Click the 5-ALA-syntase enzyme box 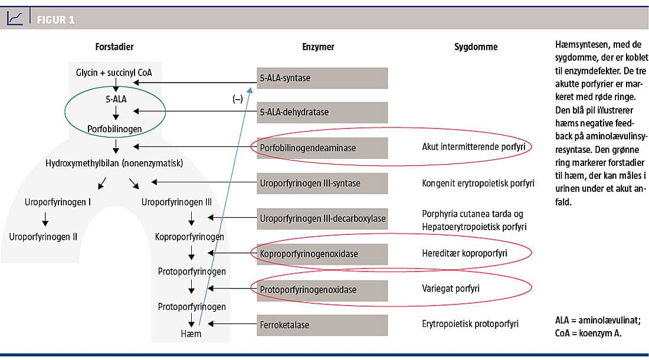pyautogui.click(x=322, y=78)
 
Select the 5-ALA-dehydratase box pyautogui.click(x=322, y=112)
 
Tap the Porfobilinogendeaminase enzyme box pyautogui.click(x=322, y=148)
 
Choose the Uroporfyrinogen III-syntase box pyautogui.click(x=322, y=183)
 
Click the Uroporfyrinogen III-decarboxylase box pyautogui.click(x=322, y=219)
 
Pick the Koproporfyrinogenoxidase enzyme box pyautogui.click(x=322, y=254)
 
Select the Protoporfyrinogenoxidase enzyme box pyautogui.click(x=322, y=290)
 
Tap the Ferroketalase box pyautogui.click(x=322, y=325)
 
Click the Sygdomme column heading pyautogui.click(x=476, y=47)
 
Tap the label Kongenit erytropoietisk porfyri pyautogui.click(x=478, y=183)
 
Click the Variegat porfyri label pyautogui.click(x=450, y=289)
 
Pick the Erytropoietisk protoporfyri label pyautogui.click(x=470, y=325)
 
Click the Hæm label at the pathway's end pyautogui.click(x=191, y=334)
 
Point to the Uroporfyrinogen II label pyautogui.click(x=43, y=237)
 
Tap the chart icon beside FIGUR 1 pyautogui.click(x=15, y=19)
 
